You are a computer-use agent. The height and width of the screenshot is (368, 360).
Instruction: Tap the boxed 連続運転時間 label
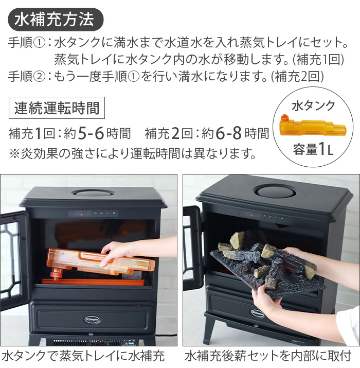pos(57,108)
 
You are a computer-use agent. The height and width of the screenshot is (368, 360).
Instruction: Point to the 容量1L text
pos(313,151)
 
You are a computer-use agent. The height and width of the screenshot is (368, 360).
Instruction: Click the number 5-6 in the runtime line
pos(92,133)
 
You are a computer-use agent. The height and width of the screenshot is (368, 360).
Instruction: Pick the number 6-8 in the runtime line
pos(229,133)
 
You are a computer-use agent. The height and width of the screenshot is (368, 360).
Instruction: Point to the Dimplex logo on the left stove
pos(93,319)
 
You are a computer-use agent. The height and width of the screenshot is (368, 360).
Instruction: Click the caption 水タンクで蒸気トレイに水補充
pos(83,356)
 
